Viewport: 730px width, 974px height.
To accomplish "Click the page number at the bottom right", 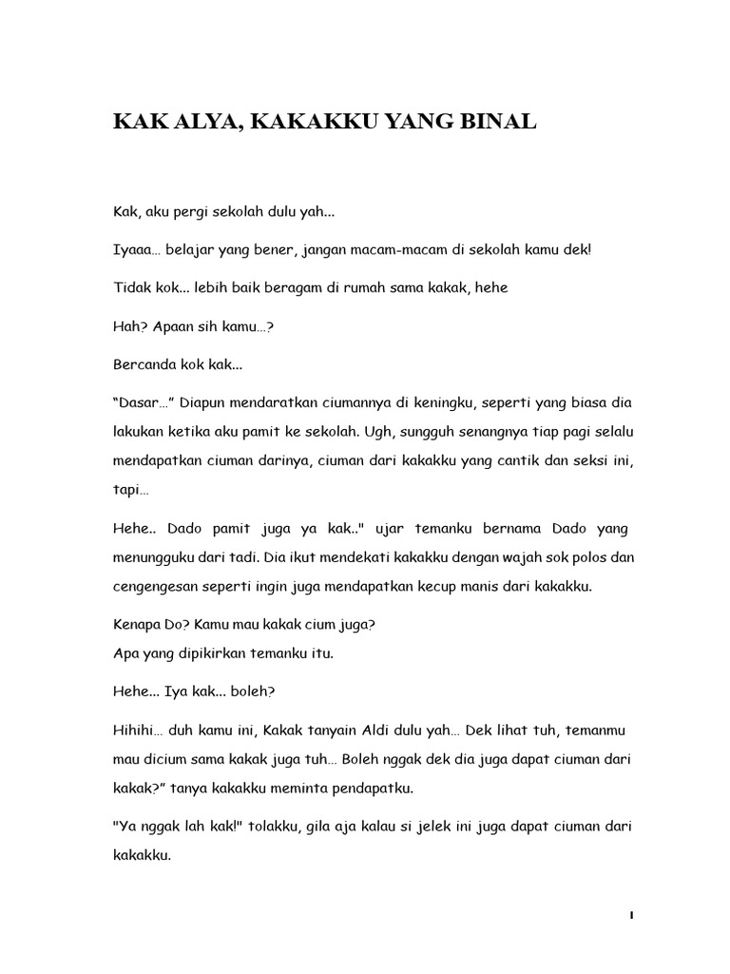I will (631, 915).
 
